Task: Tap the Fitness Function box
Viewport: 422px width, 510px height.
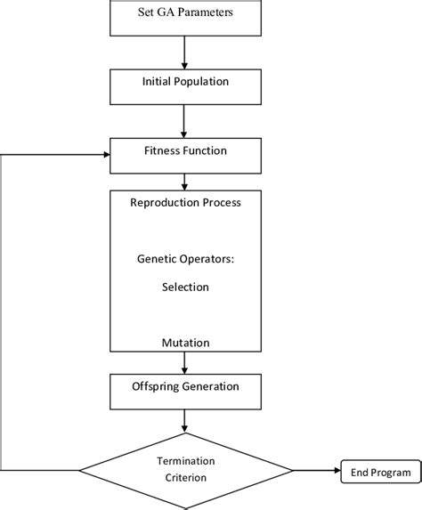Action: (184, 152)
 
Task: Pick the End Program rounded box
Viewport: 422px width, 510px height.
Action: (378, 473)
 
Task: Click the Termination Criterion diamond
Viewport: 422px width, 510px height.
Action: (185, 471)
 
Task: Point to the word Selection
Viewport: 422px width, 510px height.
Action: (185, 287)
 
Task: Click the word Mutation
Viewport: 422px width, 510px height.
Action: (185, 342)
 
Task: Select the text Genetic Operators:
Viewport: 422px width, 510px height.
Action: (185, 261)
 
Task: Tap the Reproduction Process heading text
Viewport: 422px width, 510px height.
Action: (185, 202)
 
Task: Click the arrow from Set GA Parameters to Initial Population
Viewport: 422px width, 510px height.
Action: (184, 49)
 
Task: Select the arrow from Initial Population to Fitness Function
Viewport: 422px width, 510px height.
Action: (184, 117)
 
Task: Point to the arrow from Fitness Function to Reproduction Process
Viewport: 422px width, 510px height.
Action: (184, 180)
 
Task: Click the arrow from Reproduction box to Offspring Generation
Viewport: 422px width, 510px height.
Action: (184, 362)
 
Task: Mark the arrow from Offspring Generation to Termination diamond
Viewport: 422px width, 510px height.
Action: (184, 420)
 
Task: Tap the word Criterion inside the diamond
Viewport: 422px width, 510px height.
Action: (185, 479)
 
